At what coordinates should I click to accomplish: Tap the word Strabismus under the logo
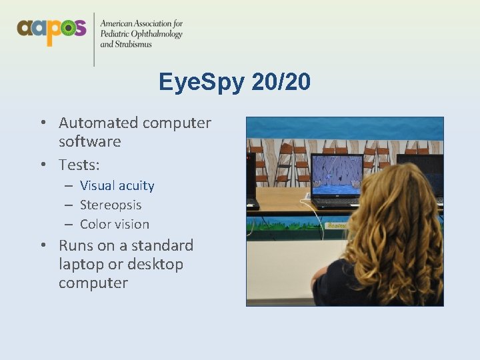click(133, 45)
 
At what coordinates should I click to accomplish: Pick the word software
click(89, 141)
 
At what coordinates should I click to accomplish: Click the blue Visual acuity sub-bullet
click(117, 185)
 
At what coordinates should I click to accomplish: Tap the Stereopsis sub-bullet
click(111, 205)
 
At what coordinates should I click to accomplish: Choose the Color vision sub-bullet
click(114, 224)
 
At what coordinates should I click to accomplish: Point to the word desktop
click(154, 264)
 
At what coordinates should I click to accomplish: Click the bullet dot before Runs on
click(43, 245)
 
